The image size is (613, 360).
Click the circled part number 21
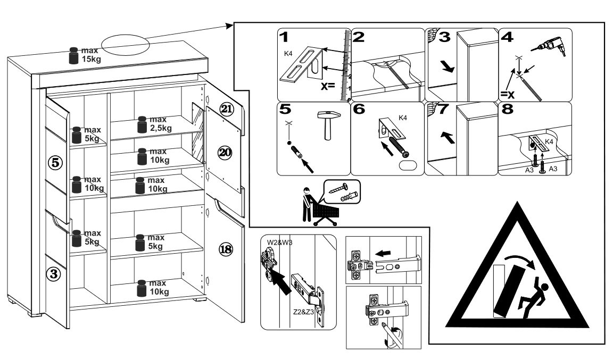click(227, 110)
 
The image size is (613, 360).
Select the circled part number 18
click(226, 248)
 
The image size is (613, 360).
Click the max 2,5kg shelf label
click(154, 124)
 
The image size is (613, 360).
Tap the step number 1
click(286, 37)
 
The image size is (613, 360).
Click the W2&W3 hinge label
click(279, 242)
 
